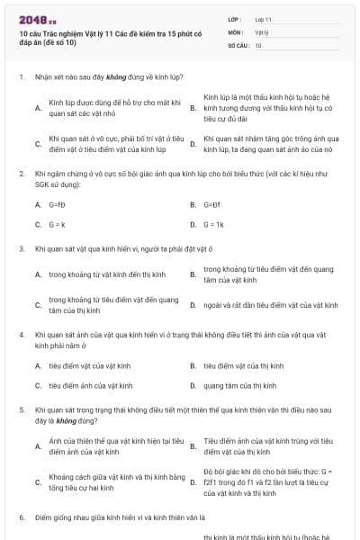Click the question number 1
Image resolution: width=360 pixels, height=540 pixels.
22,77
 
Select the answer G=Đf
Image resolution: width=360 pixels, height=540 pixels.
211,204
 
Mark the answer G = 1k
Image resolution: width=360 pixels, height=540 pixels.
213,223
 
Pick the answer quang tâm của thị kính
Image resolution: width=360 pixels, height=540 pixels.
239,385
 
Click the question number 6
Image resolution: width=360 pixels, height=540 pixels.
22,518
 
